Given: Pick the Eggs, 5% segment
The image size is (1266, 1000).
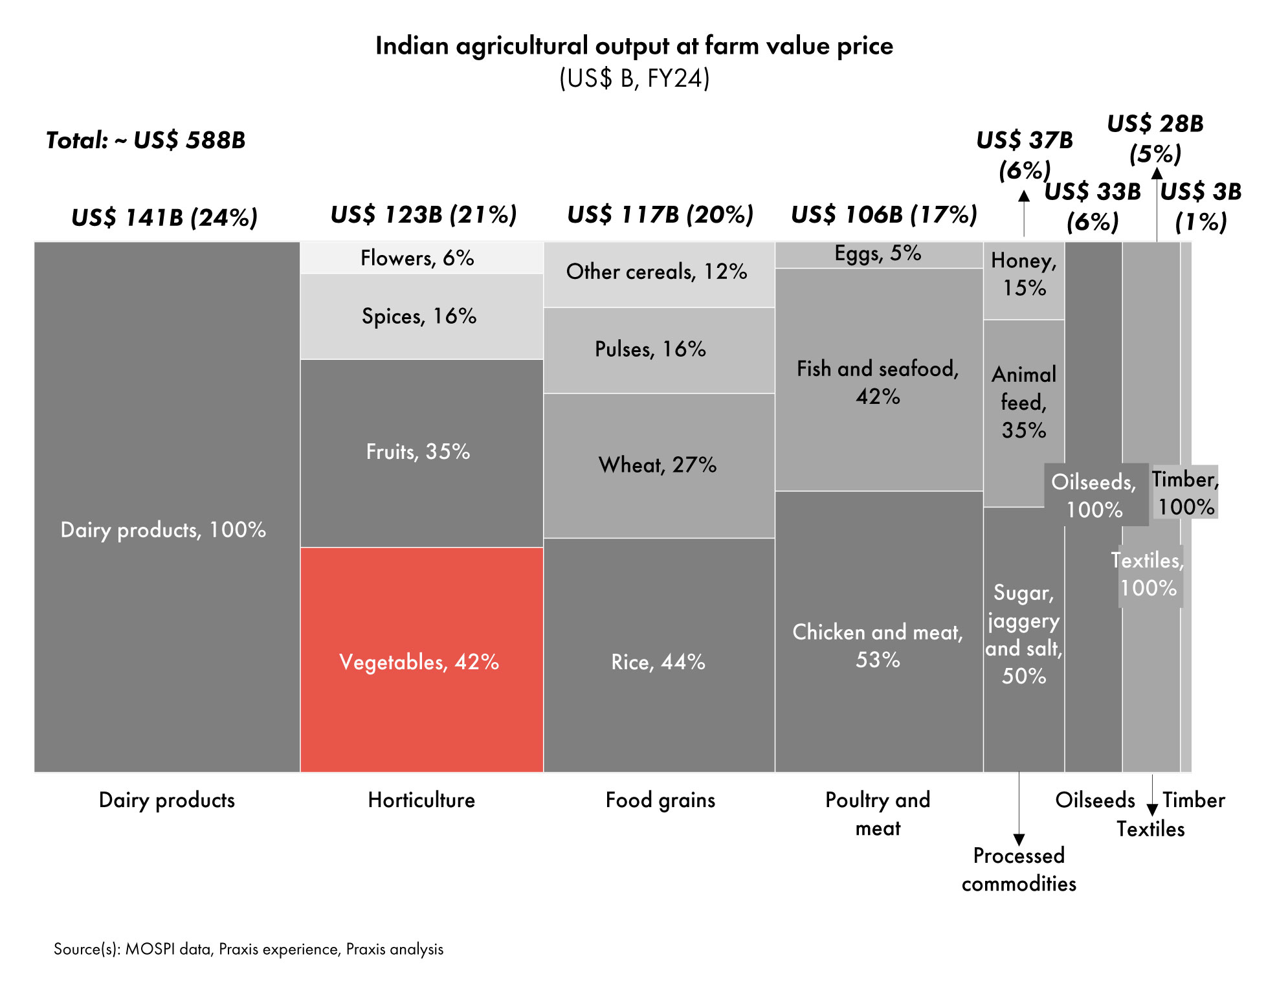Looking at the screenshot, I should [878, 254].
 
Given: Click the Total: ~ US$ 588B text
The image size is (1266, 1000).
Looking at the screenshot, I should [146, 140].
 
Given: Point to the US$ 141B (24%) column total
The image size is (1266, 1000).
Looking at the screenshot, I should [164, 217].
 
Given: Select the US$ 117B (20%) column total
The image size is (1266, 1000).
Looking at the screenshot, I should [660, 214].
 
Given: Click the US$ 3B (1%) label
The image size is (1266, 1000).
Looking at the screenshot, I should [1201, 206].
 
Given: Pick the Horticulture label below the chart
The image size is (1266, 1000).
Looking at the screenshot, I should [421, 800].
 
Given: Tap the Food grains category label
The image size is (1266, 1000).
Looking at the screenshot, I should [660, 800].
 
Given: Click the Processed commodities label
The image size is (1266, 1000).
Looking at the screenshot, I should [1019, 869].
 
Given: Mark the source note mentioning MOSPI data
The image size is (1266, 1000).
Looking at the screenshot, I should [249, 949].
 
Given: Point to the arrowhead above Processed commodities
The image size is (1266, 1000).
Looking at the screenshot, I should [1019, 839].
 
